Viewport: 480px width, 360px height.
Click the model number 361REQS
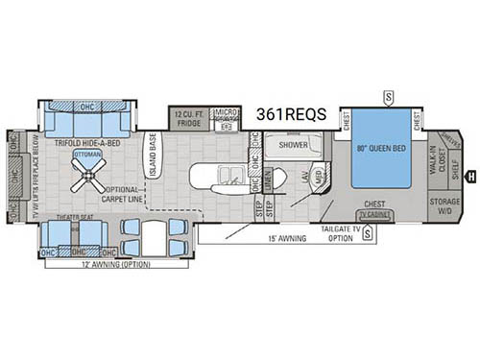[291, 114]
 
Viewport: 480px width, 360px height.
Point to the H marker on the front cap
[470, 175]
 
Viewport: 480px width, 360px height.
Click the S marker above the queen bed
[388, 95]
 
